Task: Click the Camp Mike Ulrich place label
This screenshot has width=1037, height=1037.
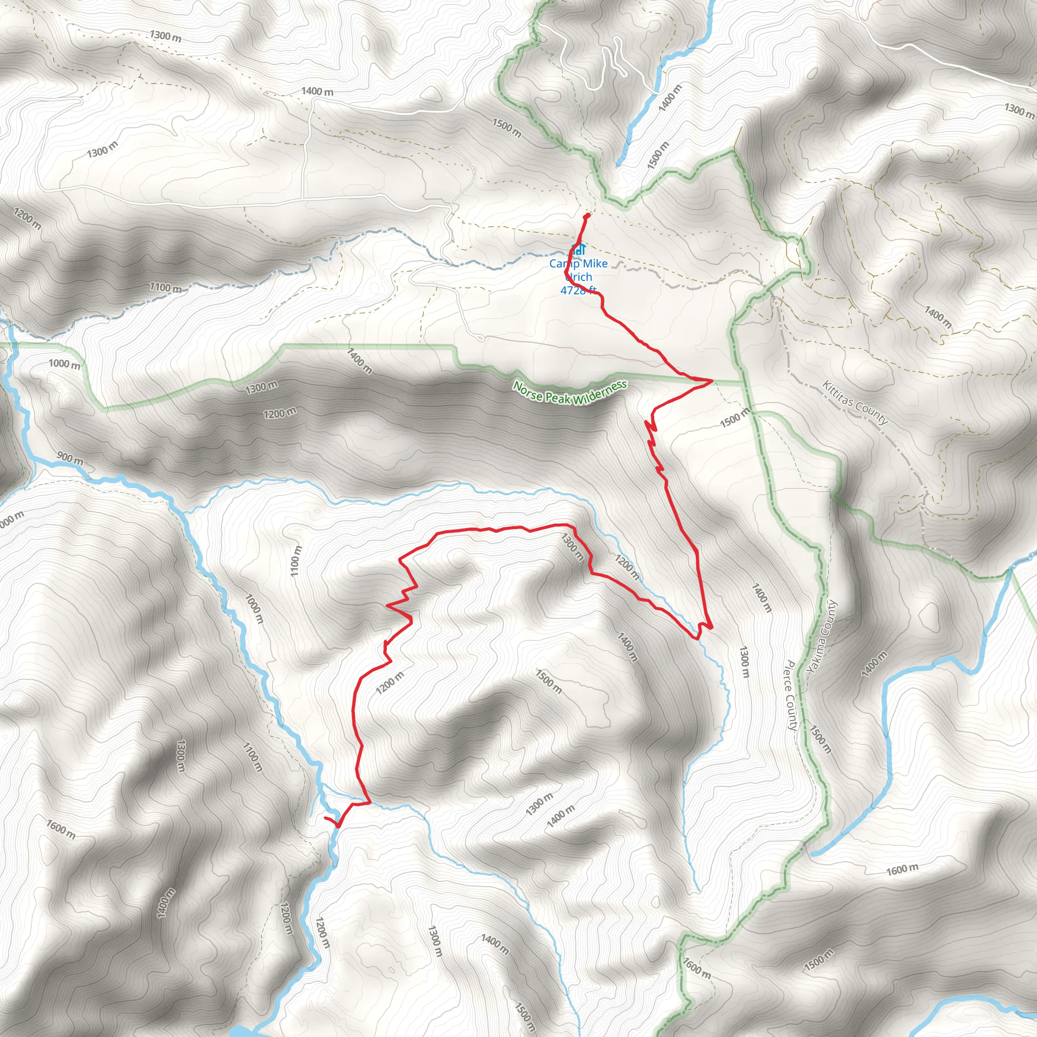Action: tap(578, 270)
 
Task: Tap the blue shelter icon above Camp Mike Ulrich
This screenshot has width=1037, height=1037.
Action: tap(578, 249)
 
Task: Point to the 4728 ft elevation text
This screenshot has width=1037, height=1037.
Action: tap(578, 290)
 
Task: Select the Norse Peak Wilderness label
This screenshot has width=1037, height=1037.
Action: tap(570, 392)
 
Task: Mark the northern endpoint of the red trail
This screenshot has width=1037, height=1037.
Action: tap(587, 215)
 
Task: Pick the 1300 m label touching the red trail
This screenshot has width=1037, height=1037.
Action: tap(572, 546)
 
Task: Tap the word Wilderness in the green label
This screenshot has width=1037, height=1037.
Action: tap(600, 393)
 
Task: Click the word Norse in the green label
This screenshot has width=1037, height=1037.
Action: tap(528, 390)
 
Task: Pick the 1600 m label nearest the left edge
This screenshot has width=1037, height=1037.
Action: tap(61, 829)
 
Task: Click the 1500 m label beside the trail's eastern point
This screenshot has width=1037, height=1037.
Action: tap(734, 417)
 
